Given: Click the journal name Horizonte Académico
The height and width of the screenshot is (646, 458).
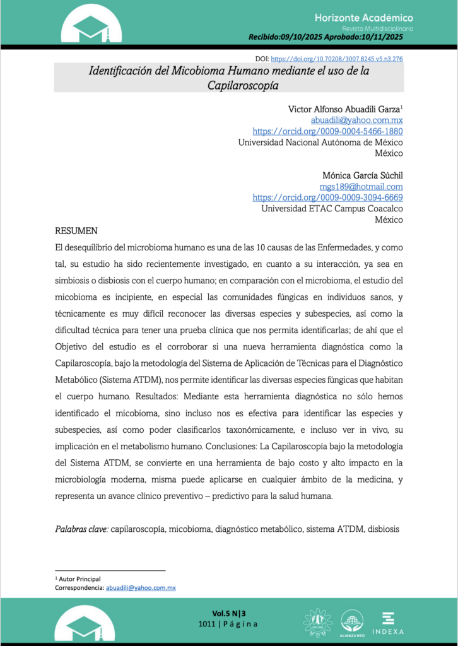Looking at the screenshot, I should click(x=363, y=18).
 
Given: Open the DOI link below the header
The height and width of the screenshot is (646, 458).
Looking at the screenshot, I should click(x=337, y=59).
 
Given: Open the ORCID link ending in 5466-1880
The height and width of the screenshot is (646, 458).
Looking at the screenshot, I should click(x=327, y=131).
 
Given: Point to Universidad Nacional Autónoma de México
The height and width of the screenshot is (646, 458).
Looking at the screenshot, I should click(x=320, y=143).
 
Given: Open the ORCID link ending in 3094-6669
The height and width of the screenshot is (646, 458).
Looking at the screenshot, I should click(x=327, y=197).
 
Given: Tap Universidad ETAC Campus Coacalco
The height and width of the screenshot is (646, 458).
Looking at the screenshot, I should click(x=332, y=209).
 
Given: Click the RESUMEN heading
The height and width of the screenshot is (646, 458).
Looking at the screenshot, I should click(x=76, y=231).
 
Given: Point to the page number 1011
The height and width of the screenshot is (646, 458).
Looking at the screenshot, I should click(x=208, y=624).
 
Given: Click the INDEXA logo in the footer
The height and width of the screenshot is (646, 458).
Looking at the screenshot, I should click(x=388, y=623).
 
